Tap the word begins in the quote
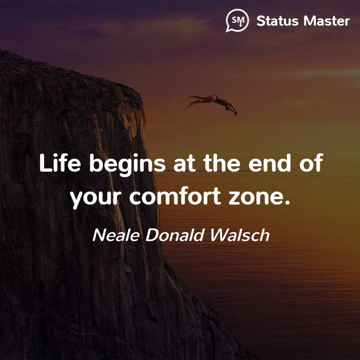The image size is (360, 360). click(127, 164)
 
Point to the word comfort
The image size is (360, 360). click(175, 196)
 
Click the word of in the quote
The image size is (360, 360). click(312, 163)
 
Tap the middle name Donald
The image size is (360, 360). click(175, 235)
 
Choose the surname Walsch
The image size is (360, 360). click(240, 235)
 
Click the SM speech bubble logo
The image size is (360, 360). click(237, 21)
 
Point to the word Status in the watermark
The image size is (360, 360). click(277, 21)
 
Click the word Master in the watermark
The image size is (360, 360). click(327, 21)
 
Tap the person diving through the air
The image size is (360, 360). click(212, 103)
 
